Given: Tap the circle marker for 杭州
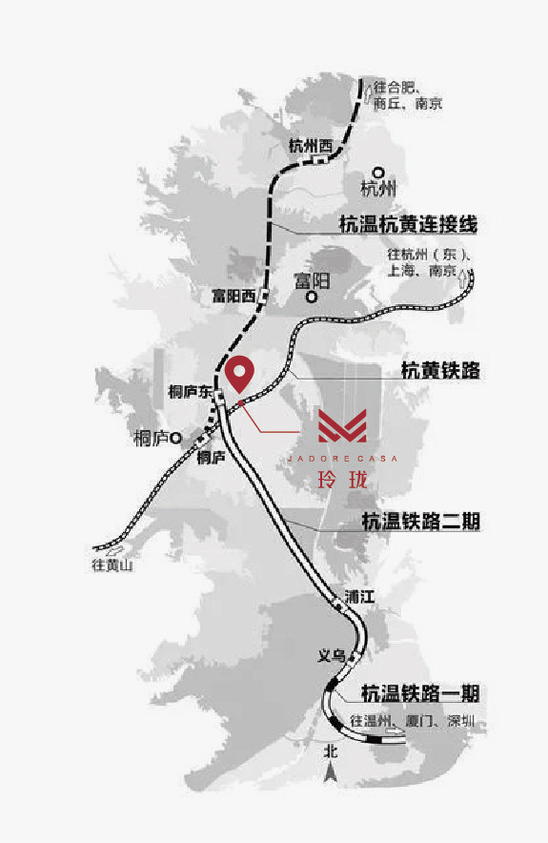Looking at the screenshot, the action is (x=378, y=172).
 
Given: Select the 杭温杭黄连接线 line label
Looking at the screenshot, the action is (x=408, y=225).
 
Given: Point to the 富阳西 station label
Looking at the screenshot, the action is (x=234, y=296).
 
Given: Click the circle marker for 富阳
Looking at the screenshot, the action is (x=312, y=298).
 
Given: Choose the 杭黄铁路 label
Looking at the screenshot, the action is (x=438, y=371).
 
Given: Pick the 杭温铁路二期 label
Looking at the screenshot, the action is (x=420, y=522).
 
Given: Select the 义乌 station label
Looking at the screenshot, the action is (x=331, y=656).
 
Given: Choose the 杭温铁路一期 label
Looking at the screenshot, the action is (x=419, y=692).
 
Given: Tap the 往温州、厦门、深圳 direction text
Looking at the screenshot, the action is (x=412, y=721).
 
